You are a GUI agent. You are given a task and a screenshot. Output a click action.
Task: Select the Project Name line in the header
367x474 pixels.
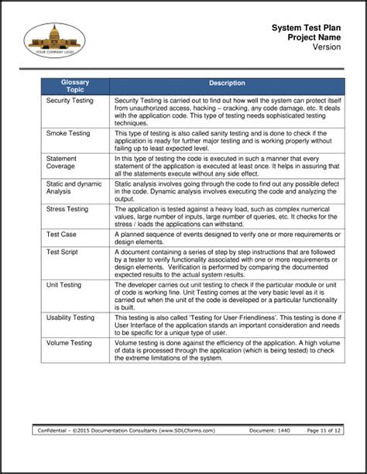click(x=312, y=36)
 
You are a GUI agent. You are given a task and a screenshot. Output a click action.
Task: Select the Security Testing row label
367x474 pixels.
click(x=70, y=101)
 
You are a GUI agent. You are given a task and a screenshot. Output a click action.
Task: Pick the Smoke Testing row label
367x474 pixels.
click(x=68, y=133)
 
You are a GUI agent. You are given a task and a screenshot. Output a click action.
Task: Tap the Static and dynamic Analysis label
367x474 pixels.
click(x=72, y=187)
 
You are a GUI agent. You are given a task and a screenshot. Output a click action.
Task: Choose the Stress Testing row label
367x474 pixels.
click(x=68, y=209)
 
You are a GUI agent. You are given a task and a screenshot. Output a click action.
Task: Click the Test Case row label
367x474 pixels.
click(x=61, y=234)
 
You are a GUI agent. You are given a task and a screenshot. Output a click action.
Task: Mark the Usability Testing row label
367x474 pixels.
click(x=70, y=318)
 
